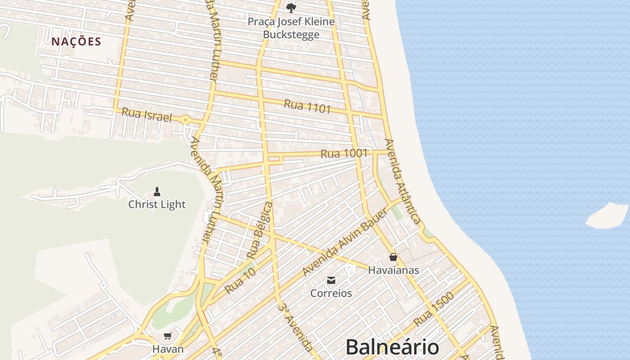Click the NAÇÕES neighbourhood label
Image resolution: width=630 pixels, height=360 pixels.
pyautogui.click(x=76, y=42)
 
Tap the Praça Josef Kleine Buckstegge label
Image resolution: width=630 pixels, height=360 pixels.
pyautogui.click(x=292, y=28)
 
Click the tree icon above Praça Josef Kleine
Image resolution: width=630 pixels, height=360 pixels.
pyautogui.click(x=291, y=8)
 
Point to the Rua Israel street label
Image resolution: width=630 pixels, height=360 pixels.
pyautogui.click(x=147, y=115)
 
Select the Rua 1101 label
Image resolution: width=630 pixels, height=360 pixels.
pyautogui.click(x=307, y=107)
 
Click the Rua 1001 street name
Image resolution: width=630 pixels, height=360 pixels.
pyautogui.click(x=344, y=153)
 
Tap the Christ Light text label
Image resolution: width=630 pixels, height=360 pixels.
pyautogui.click(x=157, y=204)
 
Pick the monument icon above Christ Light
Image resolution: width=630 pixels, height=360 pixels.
pyautogui.click(x=157, y=192)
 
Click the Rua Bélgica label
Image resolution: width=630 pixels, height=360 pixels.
pyautogui.click(x=260, y=230)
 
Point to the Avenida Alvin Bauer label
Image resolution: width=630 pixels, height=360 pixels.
pyautogui.click(x=345, y=243)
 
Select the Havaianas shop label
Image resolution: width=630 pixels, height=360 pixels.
pyautogui.click(x=393, y=270)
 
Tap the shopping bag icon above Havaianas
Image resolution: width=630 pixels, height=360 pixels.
pyautogui.click(x=393, y=257)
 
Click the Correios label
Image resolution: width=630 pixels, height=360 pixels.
pyautogui.click(x=331, y=293)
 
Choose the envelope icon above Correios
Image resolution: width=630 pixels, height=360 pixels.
pyautogui.click(x=331, y=280)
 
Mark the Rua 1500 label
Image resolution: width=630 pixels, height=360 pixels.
pyautogui.click(x=433, y=310)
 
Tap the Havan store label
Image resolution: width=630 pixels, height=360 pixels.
pyautogui.click(x=168, y=349)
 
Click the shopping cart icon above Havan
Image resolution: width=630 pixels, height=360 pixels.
pyautogui.click(x=168, y=336)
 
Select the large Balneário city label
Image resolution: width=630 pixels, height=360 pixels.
pyautogui.click(x=392, y=347)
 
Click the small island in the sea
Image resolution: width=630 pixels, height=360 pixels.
pyautogui.click(x=607, y=215)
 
